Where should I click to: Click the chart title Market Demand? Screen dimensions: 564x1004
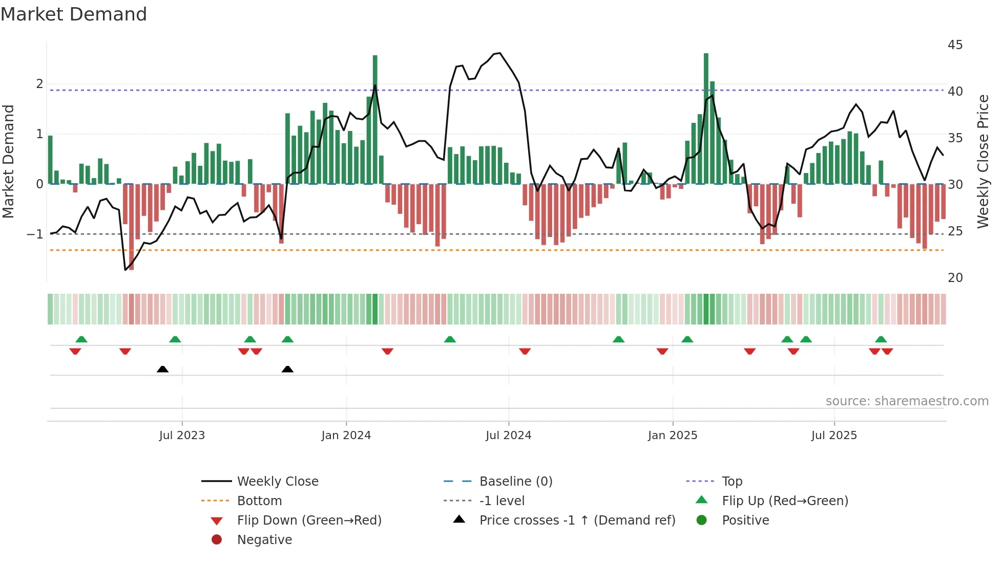coord(74,14)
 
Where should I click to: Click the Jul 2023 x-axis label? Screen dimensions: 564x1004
coord(182,436)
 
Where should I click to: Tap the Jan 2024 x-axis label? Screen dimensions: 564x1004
coord(346,436)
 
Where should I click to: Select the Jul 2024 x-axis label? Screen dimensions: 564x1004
coord(508,436)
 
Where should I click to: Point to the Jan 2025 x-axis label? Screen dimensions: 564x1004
coord(672,436)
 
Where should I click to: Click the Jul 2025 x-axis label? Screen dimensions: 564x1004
coord(834,436)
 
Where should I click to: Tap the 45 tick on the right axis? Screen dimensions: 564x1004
coord(955,45)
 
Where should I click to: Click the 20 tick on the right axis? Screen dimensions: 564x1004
coord(955,278)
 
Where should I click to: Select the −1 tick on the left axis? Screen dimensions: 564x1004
coord(35,234)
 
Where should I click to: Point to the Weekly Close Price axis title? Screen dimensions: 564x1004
coord(982,161)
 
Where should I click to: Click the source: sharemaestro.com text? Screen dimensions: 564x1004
coord(907,401)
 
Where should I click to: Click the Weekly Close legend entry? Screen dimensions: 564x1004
coord(278,482)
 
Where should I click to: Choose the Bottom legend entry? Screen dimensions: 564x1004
coord(259,501)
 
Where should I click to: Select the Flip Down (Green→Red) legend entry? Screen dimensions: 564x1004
coord(309,520)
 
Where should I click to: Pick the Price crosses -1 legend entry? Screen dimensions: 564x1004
coord(577,520)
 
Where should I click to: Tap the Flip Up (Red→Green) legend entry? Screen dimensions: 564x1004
coord(785,501)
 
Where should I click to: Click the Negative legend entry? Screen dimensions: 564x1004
coord(264,540)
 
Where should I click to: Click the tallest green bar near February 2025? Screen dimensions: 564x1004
coord(706,118)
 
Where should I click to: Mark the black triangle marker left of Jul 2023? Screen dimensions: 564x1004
coord(162,370)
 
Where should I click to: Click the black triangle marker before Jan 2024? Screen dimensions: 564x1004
coord(287,370)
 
